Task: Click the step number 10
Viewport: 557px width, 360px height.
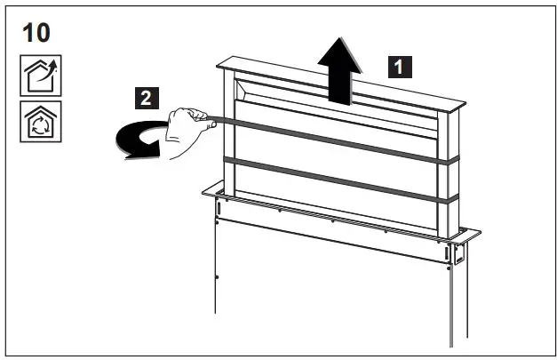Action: (x=35, y=34)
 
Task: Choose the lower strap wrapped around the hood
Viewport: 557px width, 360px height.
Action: (x=338, y=180)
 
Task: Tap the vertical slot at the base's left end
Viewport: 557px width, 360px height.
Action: (x=216, y=207)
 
